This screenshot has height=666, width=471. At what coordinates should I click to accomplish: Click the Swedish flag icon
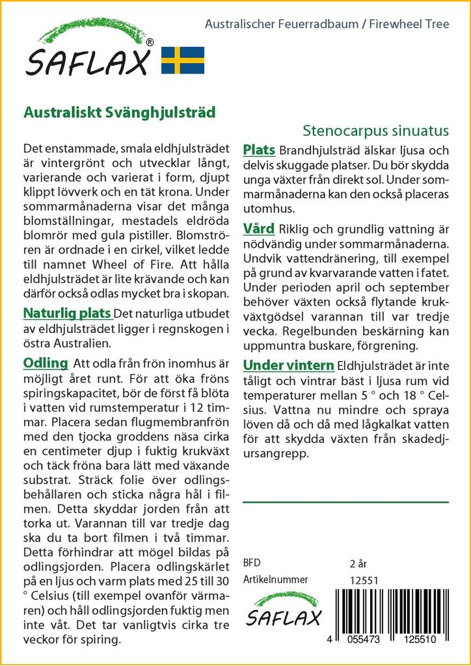tap(183, 60)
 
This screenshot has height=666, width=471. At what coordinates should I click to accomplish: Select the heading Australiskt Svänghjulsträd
tap(120, 111)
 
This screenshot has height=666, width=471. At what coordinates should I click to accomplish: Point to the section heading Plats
tap(258, 150)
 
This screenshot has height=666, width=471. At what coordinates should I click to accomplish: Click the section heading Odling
tap(45, 362)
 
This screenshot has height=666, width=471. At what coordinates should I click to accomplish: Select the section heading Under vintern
tap(288, 364)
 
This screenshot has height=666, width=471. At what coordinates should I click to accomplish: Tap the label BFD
tap(251, 563)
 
